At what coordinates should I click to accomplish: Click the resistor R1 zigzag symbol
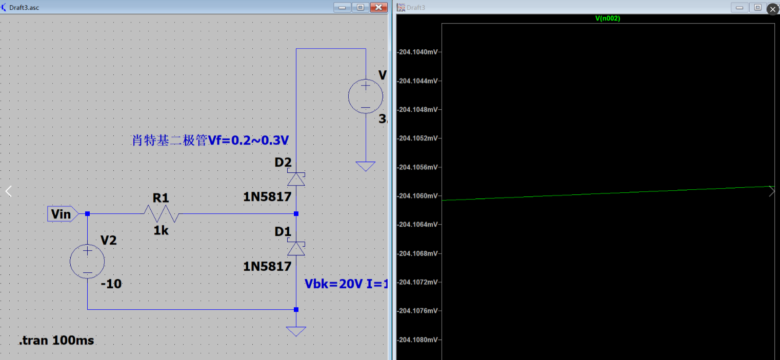tap(161, 213)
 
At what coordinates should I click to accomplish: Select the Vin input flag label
tap(62, 213)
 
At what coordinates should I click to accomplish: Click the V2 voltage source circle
tap(87, 262)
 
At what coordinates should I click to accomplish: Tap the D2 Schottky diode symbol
tap(296, 178)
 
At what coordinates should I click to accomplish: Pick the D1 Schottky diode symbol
tap(296, 248)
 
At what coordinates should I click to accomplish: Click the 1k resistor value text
tap(161, 231)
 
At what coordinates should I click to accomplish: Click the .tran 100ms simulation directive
tap(56, 340)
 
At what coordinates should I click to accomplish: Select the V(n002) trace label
tap(608, 18)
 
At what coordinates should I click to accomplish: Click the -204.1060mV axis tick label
tap(418, 196)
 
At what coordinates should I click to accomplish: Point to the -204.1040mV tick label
tap(418, 52)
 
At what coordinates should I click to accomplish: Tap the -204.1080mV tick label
tap(418, 340)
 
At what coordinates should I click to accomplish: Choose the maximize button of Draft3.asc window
tap(361, 7)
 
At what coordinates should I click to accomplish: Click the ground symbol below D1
tap(296, 331)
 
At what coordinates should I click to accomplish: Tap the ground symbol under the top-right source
tap(366, 166)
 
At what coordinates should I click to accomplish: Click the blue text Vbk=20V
tap(333, 284)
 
